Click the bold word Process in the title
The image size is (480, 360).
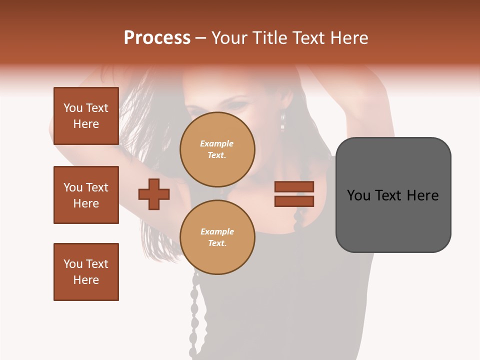(157, 38)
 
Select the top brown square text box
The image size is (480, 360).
(86, 116)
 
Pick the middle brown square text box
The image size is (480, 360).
(86, 195)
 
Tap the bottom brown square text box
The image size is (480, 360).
(86, 272)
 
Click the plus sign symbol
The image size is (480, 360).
(154, 194)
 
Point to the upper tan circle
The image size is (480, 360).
(217, 149)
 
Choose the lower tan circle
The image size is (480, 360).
(217, 237)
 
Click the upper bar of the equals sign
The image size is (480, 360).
(294, 186)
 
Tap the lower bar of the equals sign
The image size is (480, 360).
(294, 201)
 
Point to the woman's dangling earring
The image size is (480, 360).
(282, 120)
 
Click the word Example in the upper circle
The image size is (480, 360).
(216, 143)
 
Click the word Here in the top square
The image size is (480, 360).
(86, 124)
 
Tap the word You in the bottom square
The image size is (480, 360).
(73, 264)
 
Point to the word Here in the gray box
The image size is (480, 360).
(422, 195)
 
